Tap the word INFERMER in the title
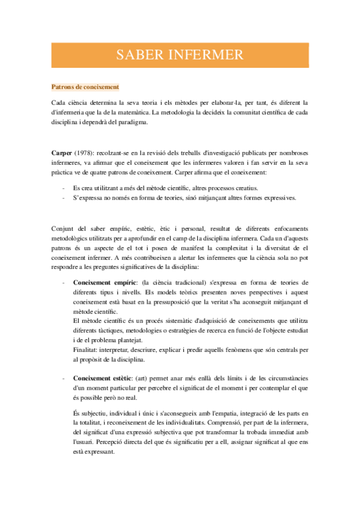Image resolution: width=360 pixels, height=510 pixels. pos(206,55)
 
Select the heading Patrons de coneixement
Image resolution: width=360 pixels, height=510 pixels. pos(85,87)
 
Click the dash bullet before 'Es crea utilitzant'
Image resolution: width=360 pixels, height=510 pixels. pos(63,189)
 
